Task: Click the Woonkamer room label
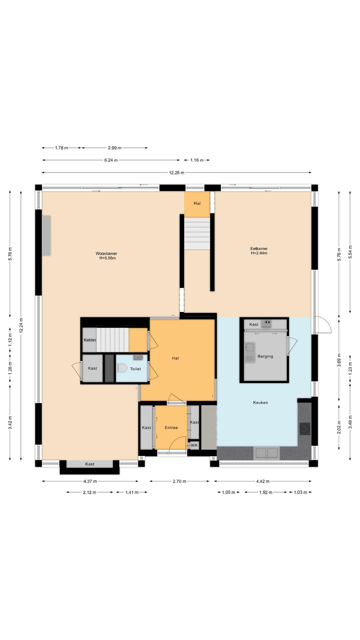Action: [106, 253]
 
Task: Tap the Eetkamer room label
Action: [259, 248]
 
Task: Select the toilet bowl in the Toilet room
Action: [122, 368]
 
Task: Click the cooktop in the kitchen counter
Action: [305, 429]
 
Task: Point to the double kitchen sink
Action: [267, 453]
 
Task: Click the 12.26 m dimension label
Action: [177, 173]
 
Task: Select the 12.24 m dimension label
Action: [21, 325]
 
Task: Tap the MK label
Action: [194, 445]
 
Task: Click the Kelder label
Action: [90, 340]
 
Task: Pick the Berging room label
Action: [265, 356]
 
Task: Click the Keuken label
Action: [261, 403]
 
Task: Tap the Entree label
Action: [171, 428]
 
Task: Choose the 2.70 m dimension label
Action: [179, 481]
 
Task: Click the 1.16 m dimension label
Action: [197, 160]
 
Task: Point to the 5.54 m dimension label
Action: [350, 252]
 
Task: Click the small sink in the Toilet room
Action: [138, 357]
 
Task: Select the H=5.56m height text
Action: [108, 258]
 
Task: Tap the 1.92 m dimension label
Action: [266, 492]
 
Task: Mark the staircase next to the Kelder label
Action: [113, 340]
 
